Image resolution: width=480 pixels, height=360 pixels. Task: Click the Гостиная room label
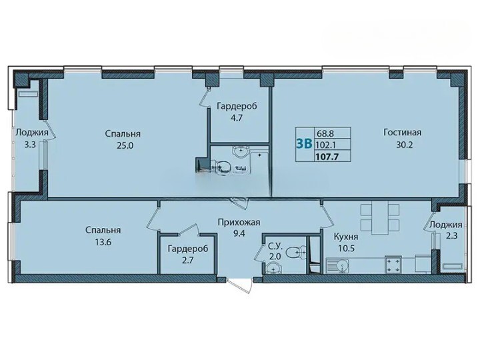[402, 132]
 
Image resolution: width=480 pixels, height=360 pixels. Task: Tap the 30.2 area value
[405, 145]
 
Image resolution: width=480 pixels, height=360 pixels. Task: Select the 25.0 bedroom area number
[125, 146]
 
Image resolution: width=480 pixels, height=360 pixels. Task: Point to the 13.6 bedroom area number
[103, 243]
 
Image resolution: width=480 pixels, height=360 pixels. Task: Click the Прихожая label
[239, 222]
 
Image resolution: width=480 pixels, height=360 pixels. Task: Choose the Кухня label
[346, 237]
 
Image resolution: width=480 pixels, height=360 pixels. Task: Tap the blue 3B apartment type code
[304, 143]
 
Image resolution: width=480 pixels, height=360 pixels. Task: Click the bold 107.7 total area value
[329, 157]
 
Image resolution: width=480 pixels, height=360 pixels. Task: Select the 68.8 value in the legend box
[325, 133]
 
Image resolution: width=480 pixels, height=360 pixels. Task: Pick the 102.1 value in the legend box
[327, 145]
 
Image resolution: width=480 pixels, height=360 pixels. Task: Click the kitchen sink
[337, 265]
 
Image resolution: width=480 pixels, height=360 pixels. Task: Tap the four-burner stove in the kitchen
[394, 265]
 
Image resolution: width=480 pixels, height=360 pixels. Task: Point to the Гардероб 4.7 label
[237, 112]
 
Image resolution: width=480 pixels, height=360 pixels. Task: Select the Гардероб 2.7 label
[187, 254]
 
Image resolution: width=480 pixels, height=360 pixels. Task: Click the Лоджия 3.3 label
[32, 139]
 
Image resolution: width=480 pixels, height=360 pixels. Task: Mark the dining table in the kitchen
[380, 217]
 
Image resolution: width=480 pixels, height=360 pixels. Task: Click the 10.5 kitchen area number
[346, 248]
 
